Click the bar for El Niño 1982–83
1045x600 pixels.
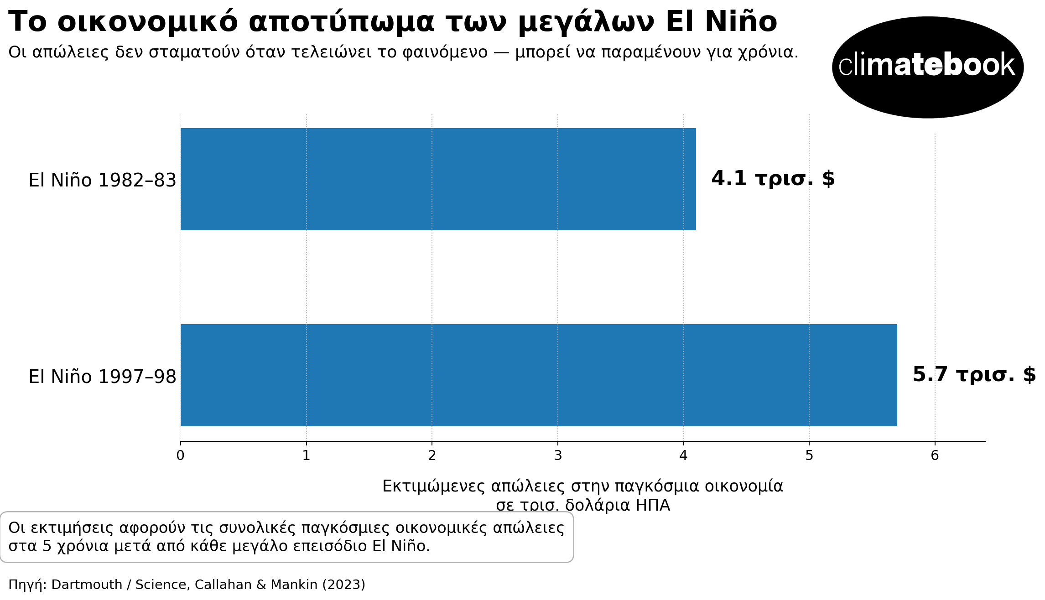pos(438,179)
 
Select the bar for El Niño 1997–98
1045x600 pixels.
pos(538,375)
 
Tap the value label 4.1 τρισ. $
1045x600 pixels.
pos(773,179)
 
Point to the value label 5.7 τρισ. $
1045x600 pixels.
pos(974,375)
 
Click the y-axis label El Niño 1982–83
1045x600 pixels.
pos(102,181)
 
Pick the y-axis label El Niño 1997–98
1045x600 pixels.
pos(102,377)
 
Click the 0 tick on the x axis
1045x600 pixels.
pos(181,455)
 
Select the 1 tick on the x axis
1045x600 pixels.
pos(306,455)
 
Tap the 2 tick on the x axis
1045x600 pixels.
pos(432,455)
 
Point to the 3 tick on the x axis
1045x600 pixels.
pos(558,455)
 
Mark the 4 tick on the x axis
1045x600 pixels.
pos(683,455)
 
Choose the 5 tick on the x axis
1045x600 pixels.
pos(809,455)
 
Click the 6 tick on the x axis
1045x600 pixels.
pos(935,455)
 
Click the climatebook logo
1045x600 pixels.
pos(927,67)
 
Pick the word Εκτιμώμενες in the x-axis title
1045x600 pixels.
pos(433,486)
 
